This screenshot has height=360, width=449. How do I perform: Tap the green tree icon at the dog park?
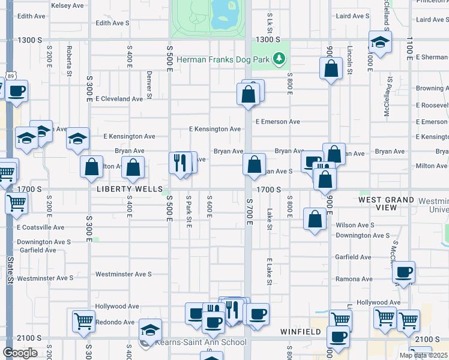coord(278,59)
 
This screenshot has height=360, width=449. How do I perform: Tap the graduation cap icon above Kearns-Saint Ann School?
coord(150,329)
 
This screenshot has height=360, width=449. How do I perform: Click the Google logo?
coord(19,353)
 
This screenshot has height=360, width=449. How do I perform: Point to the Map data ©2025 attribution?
coord(423,355)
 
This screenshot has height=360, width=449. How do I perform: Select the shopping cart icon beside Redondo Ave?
coord(83,320)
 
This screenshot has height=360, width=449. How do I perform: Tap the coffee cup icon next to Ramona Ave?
coord(403,272)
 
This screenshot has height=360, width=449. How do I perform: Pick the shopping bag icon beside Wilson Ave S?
coord(315,219)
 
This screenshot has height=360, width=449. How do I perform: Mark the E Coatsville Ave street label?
coord(41,227)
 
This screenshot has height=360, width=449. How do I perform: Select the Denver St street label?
coord(148,85)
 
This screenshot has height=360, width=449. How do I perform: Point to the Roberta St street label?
coord(69,57)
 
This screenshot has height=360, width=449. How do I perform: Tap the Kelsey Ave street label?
coord(67,5)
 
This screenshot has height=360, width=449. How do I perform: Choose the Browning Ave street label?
coord(432,88)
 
